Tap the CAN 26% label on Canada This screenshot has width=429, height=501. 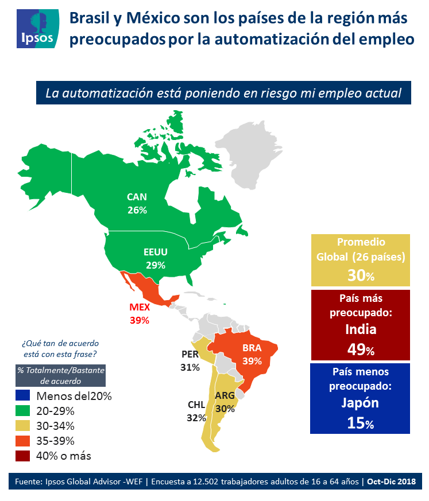pos(137,204)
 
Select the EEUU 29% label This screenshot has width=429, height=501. pos(155,258)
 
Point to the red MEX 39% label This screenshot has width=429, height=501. pos(140,313)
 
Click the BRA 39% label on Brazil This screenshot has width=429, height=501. pos(252,355)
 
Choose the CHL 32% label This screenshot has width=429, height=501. pos(196,411)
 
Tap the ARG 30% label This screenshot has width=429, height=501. pos(225,402)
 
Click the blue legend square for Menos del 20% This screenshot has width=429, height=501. pos(23,396)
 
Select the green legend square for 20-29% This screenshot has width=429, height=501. pos(23,411)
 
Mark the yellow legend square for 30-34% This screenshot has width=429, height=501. pos(23,426)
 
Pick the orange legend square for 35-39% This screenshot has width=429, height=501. pos(23,441)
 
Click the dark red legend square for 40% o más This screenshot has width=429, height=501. pos(23,456)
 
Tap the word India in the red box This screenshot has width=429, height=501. pos(361,329)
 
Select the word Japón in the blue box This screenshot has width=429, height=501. pos(361,402)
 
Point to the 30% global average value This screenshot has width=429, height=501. pos(361,275)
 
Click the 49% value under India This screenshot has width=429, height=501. pos(361,348)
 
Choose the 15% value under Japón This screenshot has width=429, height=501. pos(361,423)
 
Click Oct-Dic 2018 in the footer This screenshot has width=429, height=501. pos(392,481)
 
